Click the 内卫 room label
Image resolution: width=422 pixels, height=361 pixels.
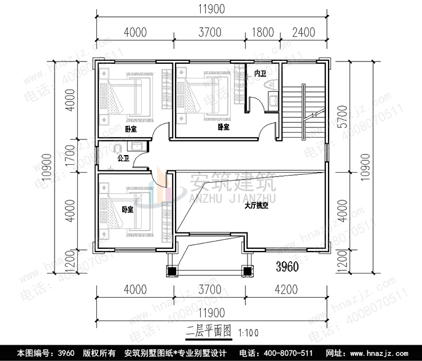click(x=260, y=74)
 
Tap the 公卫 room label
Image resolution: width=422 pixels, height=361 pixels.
click(x=123, y=159)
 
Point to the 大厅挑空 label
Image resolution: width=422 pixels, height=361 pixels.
click(x=256, y=206)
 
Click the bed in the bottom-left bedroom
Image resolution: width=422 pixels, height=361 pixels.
click(x=127, y=212)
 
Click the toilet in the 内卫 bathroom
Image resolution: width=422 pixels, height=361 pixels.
click(x=268, y=86)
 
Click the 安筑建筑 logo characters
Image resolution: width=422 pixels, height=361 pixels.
click(x=231, y=183)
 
